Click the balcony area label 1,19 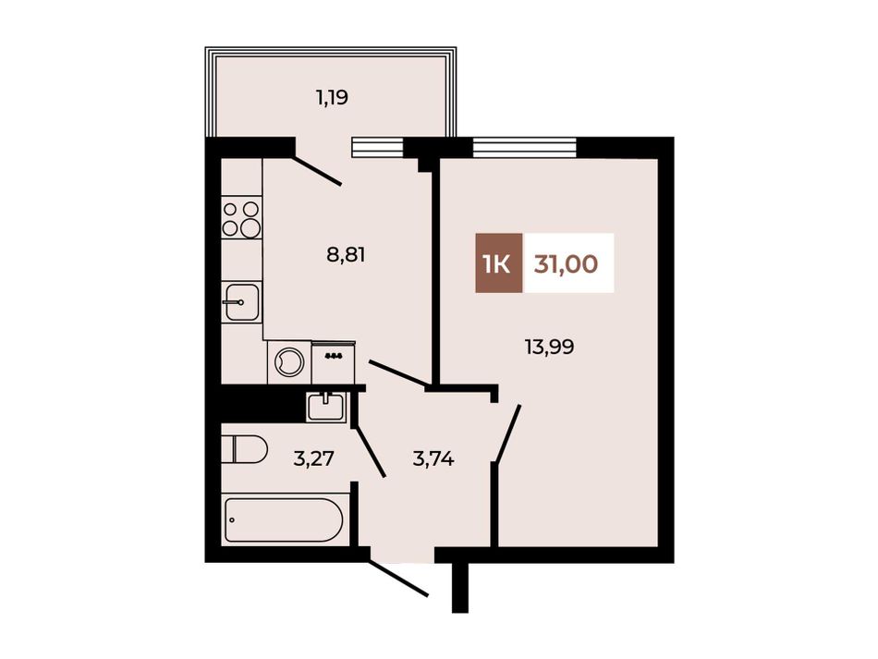(x=332, y=98)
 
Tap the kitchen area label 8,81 (x=346, y=255)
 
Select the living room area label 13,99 (x=549, y=348)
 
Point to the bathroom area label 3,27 (x=313, y=459)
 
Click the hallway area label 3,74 (x=433, y=459)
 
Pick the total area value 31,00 (x=567, y=263)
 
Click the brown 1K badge (x=499, y=262)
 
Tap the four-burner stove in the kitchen (x=242, y=218)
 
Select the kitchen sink (x=242, y=302)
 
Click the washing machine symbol (x=289, y=362)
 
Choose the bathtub (x=284, y=520)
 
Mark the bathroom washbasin (x=326, y=406)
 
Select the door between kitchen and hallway (x=398, y=373)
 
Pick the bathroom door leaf (x=370, y=448)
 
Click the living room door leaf (x=508, y=433)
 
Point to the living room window (x=525, y=147)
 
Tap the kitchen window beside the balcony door (x=378, y=147)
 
